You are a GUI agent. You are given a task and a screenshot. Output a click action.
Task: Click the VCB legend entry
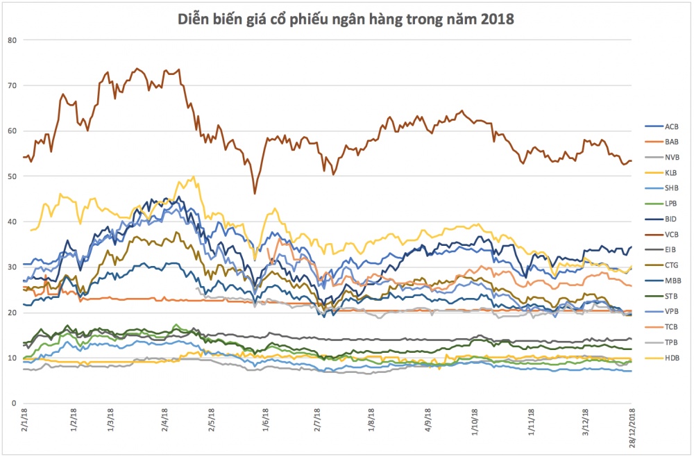661,234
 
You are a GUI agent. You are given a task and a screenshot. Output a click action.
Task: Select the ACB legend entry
661,126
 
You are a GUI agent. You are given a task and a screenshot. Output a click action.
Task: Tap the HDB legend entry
661,358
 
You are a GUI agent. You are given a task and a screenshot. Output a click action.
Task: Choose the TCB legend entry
661,327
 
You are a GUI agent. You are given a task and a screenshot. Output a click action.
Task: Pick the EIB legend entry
661,250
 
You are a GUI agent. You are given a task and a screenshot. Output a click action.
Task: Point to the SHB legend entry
661,188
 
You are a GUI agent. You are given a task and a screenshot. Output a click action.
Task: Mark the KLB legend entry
661,173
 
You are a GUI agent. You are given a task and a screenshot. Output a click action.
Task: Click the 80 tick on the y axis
12,40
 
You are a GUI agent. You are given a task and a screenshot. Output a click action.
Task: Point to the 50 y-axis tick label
12,176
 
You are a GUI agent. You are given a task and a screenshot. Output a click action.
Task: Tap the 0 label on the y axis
14,404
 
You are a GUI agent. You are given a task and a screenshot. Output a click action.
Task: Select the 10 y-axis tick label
12,358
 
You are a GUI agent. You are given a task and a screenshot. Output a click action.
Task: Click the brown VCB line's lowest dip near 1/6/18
255,194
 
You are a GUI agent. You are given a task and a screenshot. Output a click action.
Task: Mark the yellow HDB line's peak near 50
193,176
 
